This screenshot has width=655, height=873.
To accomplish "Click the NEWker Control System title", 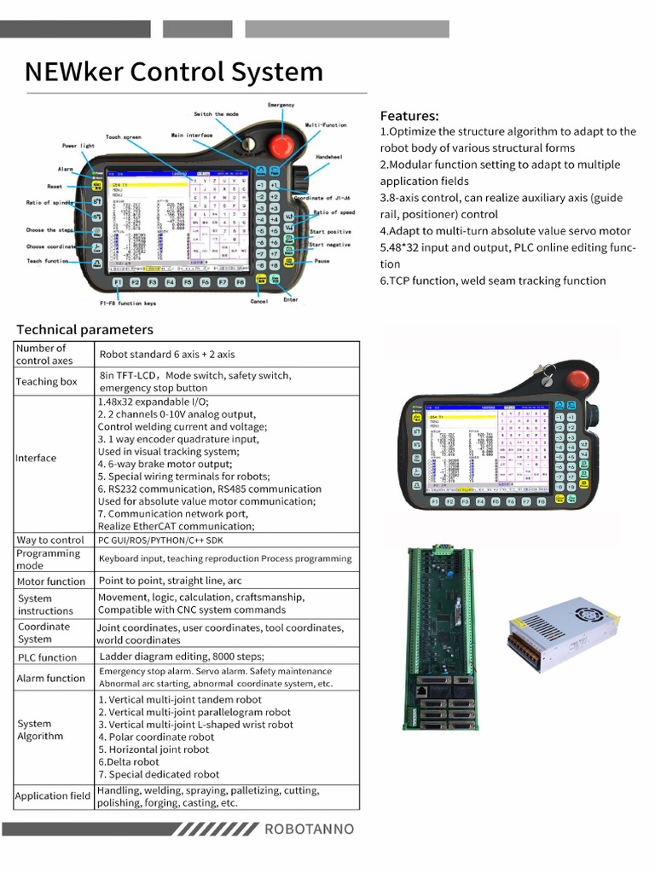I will [174, 71].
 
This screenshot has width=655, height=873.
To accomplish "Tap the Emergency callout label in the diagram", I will [281, 105].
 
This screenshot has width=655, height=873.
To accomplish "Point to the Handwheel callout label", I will [329, 158].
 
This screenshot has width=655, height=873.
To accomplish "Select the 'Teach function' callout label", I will [48, 261].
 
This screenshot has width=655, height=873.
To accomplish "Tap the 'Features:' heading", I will [409, 116].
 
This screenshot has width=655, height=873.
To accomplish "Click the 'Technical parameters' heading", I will [85, 329].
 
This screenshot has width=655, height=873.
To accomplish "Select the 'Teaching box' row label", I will [46, 381].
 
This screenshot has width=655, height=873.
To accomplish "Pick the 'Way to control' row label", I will [50, 540].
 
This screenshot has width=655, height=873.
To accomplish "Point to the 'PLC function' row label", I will [47, 657].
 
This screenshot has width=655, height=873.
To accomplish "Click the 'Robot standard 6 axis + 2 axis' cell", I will [167, 354].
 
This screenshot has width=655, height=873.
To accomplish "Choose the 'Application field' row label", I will [52, 795].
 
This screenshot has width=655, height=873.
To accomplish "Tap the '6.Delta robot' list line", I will [128, 762].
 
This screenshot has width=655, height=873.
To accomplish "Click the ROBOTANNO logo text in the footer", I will [309, 829].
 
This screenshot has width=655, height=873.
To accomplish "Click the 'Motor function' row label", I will [51, 581].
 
